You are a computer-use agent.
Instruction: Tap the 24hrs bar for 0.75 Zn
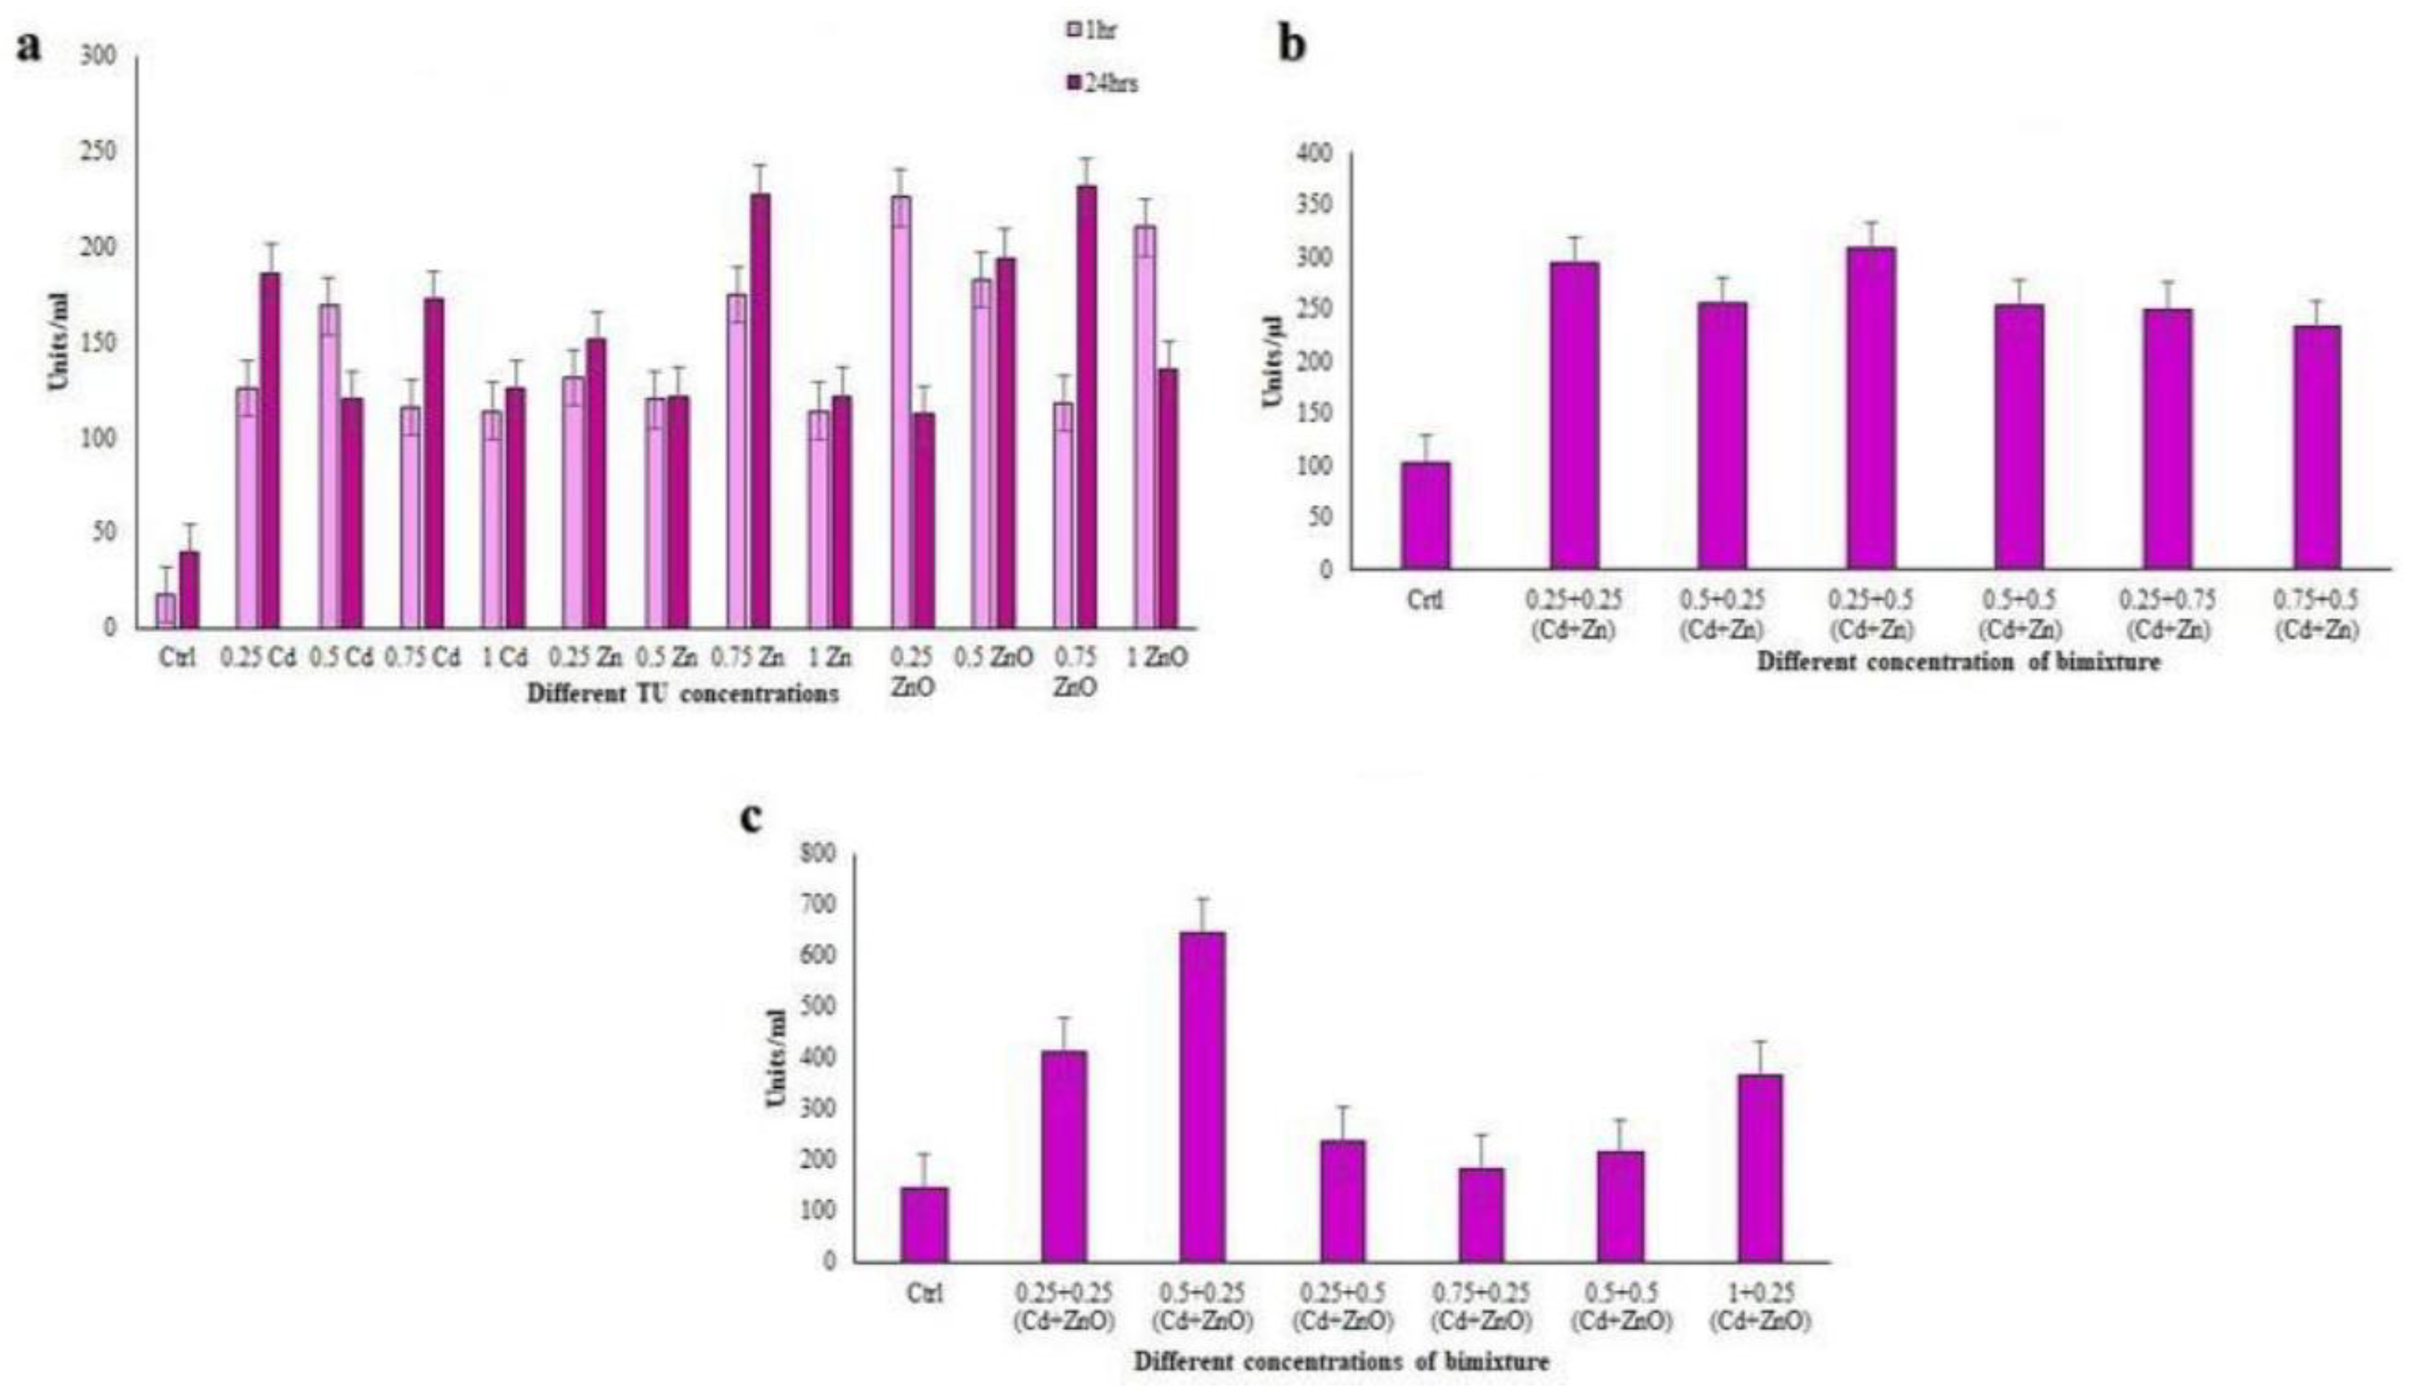[x=760, y=410]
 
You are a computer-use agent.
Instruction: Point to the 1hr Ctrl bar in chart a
[x=166, y=609]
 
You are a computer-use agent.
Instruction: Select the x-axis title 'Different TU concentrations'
[x=683, y=694]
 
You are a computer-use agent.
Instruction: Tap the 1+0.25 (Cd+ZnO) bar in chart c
[x=1759, y=1168]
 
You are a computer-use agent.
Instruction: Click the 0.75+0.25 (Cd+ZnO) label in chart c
[x=1481, y=1307]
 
